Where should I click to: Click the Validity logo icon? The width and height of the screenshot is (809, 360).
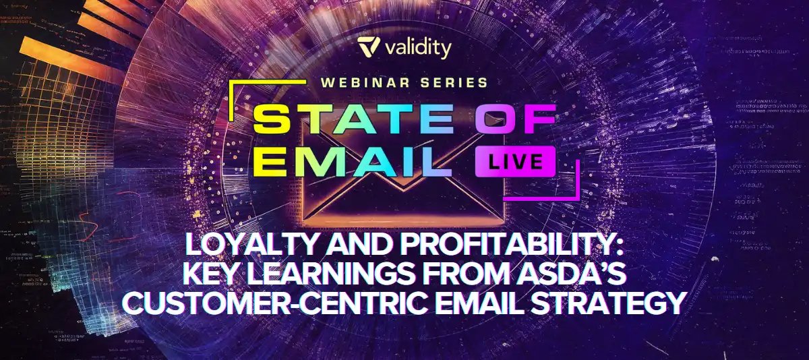tap(368, 47)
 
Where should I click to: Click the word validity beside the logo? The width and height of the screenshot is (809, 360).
tap(418, 48)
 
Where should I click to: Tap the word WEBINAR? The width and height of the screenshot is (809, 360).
tap(365, 83)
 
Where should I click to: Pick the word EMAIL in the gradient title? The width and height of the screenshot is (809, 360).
tap(353, 161)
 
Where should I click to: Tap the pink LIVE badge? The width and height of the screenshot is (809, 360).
tap(515, 161)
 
